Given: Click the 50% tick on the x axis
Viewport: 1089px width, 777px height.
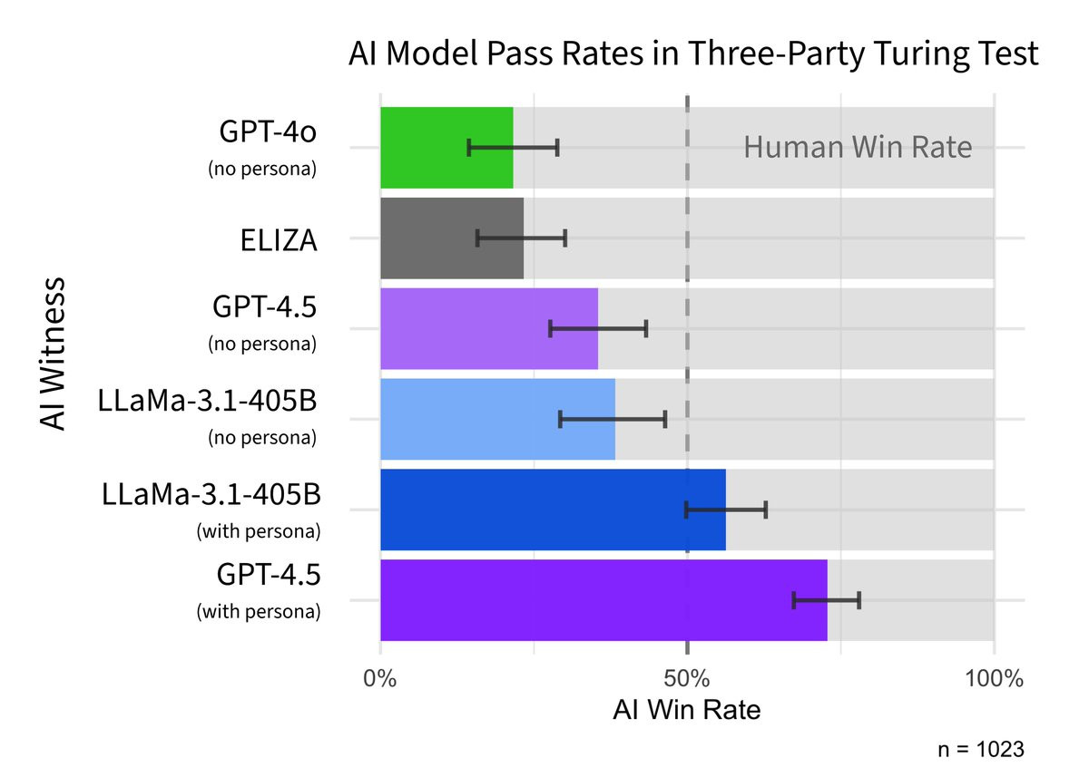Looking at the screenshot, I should (x=687, y=679).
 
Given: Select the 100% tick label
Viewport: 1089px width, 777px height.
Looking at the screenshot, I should (x=994, y=679).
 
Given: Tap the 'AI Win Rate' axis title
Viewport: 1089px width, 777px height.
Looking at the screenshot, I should (x=687, y=710).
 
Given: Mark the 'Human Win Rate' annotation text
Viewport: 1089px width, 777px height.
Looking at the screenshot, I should (x=858, y=147).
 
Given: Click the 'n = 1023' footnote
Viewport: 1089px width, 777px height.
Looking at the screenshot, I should (x=981, y=750).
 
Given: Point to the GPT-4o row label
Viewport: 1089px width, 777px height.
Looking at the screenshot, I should (x=269, y=132).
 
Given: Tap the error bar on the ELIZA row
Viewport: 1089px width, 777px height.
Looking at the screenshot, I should (x=521, y=238).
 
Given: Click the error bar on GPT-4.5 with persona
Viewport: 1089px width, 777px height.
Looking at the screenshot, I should (x=826, y=600).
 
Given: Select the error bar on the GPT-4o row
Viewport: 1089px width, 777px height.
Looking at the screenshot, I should (x=513, y=148).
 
